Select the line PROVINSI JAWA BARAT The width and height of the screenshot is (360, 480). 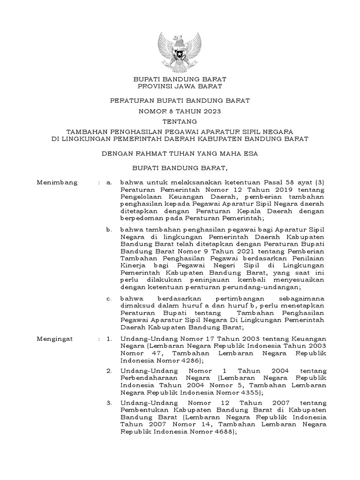pyautogui.click(x=180, y=86)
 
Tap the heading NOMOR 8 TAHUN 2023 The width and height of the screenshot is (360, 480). pyautogui.click(x=180, y=111)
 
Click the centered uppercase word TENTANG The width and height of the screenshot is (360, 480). pyautogui.click(x=180, y=121)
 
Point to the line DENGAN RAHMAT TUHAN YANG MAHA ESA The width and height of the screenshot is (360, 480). pyautogui.click(x=180, y=153)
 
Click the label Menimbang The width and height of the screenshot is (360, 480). pyautogui.click(x=57, y=182)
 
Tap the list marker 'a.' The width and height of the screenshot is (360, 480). pyautogui.click(x=109, y=182)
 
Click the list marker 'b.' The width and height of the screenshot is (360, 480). pyautogui.click(x=109, y=229)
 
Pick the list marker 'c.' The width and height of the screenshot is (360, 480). pyautogui.click(x=109, y=298)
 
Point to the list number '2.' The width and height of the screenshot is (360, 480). pyautogui.click(x=109, y=370)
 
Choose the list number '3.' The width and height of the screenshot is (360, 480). pyautogui.click(x=109, y=403)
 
